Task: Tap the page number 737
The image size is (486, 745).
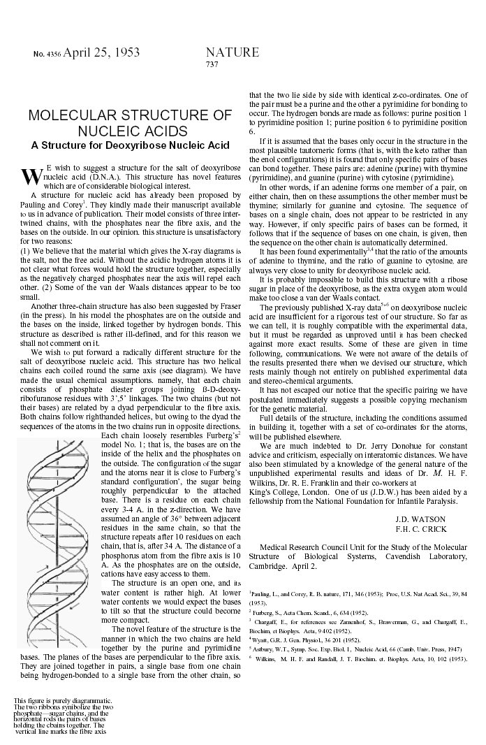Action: click(213, 64)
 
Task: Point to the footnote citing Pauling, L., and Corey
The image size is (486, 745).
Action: click(358, 596)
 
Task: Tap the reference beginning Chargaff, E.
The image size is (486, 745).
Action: click(358, 623)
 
